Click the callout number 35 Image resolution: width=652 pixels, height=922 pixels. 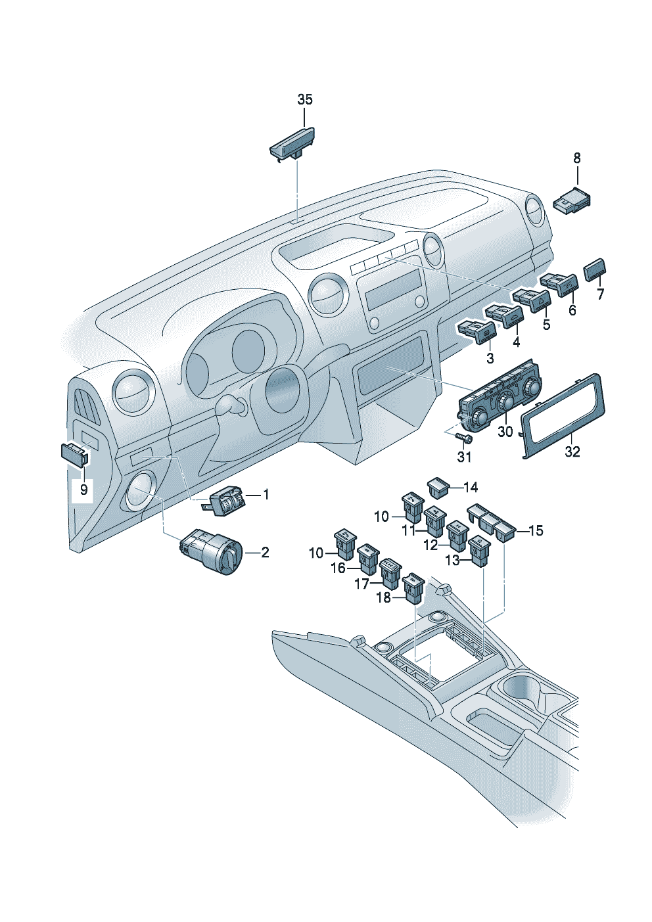point(304,100)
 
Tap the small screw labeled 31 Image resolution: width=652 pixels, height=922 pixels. point(466,438)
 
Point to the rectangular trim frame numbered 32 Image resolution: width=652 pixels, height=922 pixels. point(563,416)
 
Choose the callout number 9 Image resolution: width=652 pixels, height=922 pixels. point(83,490)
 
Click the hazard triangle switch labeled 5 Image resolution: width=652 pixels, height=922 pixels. point(532,300)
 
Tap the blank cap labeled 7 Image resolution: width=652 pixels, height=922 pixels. point(595,269)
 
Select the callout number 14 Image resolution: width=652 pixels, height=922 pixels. point(471,487)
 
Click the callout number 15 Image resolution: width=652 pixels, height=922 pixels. point(536,530)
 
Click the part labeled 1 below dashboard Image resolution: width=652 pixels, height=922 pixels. point(226,500)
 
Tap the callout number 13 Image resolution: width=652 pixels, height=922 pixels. point(452,561)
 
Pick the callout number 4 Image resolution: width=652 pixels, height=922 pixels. point(516,342)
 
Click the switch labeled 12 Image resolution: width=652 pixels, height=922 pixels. point(456,535)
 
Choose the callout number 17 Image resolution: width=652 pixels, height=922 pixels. point(362,583)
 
